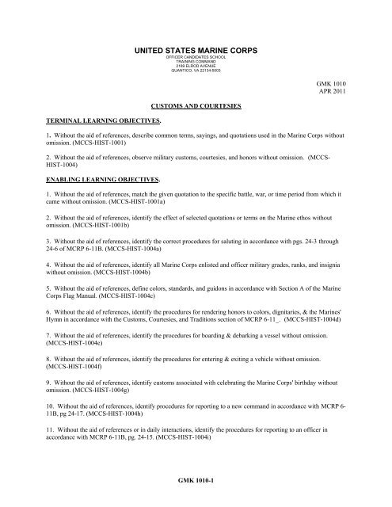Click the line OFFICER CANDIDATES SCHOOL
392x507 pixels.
click(195, 58)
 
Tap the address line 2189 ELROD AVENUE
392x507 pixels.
click(195, 67)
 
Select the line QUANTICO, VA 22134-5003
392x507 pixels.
click(195, 72)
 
